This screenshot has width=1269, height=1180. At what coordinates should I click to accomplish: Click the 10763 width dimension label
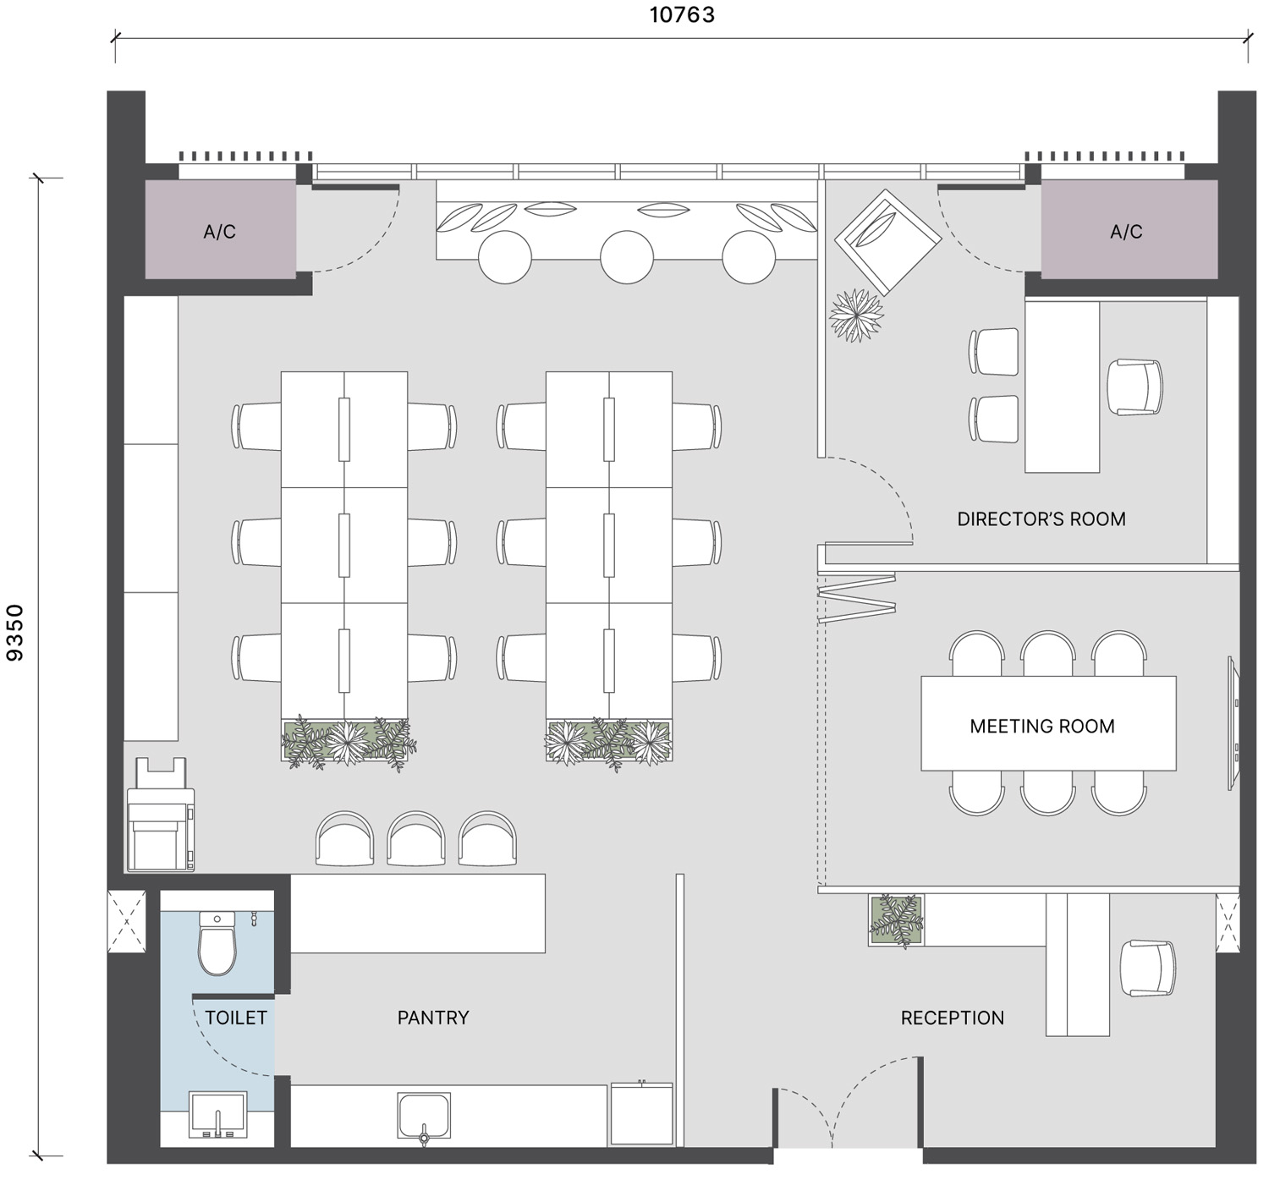[682, 14]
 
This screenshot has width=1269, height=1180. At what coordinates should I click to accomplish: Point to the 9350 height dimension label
[14, 633]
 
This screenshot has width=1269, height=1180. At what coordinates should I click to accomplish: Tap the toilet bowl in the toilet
[217, 943]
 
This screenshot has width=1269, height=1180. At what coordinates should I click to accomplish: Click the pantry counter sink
[424, 1116]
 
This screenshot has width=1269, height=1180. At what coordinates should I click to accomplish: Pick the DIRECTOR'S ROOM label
[1041, 519]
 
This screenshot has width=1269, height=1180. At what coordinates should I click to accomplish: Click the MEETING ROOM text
[1042, 726]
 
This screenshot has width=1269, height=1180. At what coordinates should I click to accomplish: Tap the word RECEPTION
[952, 1018]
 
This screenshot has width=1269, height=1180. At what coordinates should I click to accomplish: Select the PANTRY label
[433, 1018]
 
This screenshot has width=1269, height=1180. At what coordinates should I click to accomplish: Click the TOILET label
[236, 1018]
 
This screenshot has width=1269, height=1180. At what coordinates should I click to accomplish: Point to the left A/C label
[220, 231]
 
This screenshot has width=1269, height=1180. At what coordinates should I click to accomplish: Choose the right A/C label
[1126, 231]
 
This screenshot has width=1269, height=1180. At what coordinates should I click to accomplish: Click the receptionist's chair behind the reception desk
[1147, 968]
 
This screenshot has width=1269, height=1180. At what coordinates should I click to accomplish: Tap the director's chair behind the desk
[1134, 387]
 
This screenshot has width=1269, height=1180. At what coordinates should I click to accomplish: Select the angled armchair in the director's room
[887, 242]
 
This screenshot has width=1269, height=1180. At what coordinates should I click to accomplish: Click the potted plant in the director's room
[856, 315]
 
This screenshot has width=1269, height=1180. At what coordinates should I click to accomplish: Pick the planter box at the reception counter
[896, 920]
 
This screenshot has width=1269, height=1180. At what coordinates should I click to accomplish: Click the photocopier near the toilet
[161, 815]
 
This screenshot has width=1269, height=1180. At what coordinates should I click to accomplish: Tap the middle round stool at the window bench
[627, 257]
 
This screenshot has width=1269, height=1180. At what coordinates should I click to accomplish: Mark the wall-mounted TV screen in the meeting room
[1234, 723]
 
